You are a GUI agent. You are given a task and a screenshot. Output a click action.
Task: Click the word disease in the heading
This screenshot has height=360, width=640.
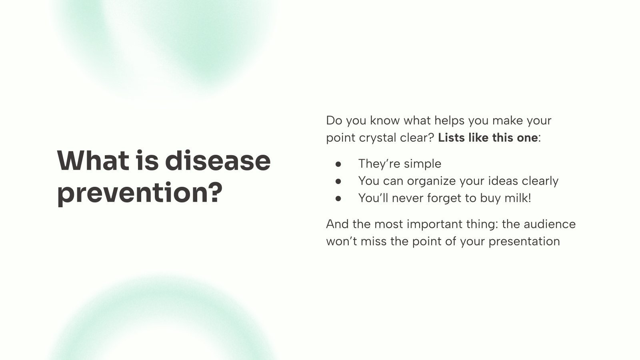218,160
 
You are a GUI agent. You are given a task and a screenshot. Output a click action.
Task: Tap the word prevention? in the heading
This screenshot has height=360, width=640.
140,192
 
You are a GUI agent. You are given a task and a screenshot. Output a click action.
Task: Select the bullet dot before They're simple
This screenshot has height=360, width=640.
339,164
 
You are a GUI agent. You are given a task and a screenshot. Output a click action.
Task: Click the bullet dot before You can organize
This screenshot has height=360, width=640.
339,181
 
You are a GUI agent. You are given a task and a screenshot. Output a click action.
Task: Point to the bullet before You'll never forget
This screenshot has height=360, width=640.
339,198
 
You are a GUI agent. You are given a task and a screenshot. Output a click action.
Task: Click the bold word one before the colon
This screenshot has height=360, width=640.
527,138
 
